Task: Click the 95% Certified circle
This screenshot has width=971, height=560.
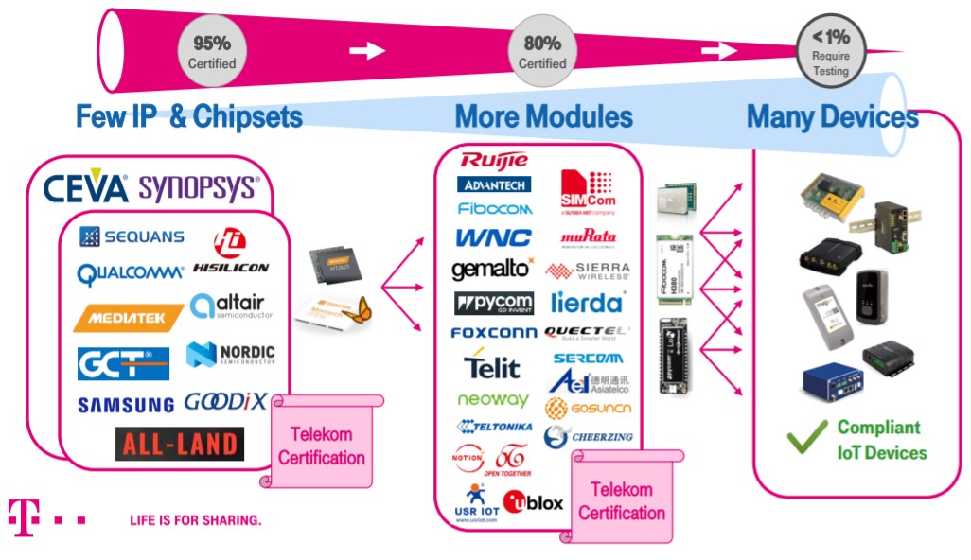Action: coord(212,51)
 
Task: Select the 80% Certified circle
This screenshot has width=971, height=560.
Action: coord(542,51)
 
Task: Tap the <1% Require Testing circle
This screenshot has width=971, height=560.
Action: coord(830,48)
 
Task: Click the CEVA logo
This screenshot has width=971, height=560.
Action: coord(85,187)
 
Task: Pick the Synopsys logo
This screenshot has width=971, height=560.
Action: coord(199,187)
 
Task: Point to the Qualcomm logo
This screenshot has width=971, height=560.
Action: coord(130,273)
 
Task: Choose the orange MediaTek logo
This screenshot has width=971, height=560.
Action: coord(128,319)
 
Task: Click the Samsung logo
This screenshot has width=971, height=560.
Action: coord(125,405)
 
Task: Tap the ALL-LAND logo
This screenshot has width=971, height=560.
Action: coord(179,444)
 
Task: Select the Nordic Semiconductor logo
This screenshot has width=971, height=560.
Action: coord(231,355)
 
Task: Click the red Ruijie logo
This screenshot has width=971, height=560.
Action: coord(494,159)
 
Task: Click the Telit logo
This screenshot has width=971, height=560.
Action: coord(492,364)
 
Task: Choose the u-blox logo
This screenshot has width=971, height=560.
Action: coord(533,501)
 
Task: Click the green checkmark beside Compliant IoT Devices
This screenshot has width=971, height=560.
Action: coord(806,438)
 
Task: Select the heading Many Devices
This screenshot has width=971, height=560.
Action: coord(832,117)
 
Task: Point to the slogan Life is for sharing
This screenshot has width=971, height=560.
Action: coord(195,519)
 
